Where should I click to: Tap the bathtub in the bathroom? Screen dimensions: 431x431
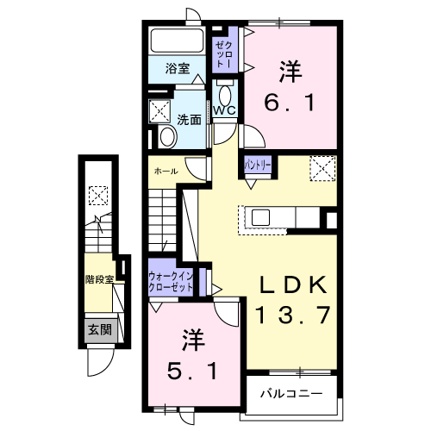point(176,41)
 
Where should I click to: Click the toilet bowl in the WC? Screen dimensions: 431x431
point(226,94)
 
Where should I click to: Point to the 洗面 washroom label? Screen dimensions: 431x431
point(189,120)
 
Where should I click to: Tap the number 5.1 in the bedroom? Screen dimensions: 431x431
point(197,372)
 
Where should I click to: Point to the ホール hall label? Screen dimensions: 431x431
point(166,172)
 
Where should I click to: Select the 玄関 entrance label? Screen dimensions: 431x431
point(99,328)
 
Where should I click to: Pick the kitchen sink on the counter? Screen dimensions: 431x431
point(260,217)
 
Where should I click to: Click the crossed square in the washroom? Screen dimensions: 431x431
point(160,110)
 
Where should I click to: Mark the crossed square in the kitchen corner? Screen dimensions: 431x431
point(322,166)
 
